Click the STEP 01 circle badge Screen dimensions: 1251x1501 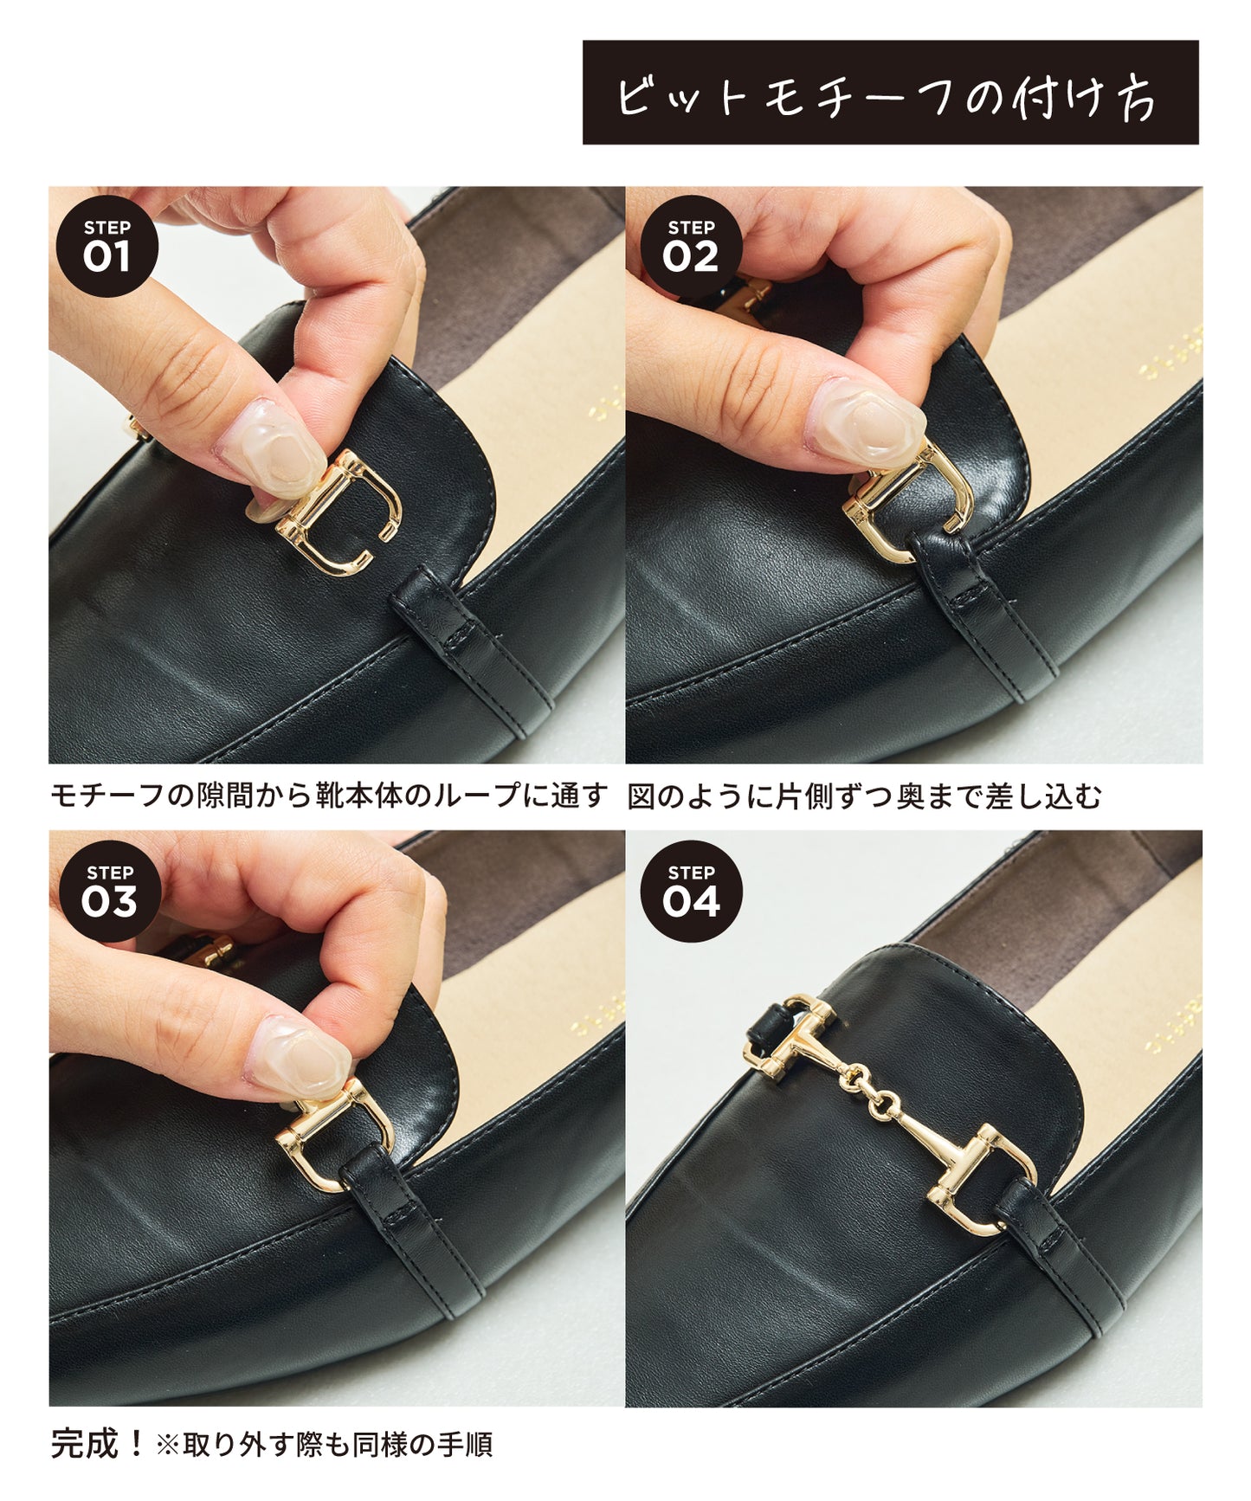106,247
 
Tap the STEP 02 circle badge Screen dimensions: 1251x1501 691,247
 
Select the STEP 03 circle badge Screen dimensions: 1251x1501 109,891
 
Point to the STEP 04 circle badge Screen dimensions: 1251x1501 691,891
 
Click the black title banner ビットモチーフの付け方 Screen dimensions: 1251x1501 890,93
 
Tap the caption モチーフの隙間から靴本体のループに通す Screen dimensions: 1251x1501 329,796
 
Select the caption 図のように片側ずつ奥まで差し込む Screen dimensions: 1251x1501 864,796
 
